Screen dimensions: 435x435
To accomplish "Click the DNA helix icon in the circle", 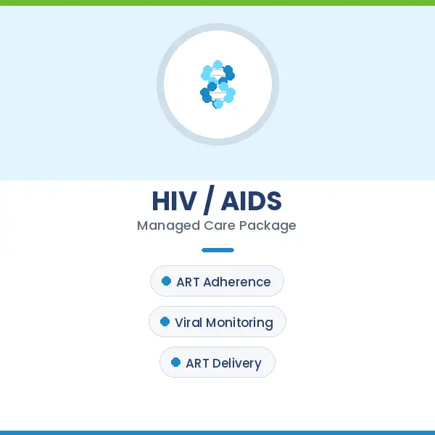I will (217, 84).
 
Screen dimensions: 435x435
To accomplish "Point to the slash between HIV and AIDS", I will (210, 201).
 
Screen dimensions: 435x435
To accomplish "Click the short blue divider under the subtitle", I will (217, 250).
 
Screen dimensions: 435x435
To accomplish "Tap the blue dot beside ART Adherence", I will (166, 281).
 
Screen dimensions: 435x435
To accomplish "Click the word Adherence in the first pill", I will (237, 282).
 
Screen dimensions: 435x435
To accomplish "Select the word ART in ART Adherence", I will (188, 282).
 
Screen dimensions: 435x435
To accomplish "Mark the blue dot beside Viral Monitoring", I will (165, 322).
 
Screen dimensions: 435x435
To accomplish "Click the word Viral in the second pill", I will (188, 323).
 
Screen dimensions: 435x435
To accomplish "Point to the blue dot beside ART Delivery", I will (175, 362).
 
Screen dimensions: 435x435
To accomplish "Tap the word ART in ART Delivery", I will (197, 363).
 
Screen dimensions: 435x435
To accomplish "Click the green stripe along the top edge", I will (217, 3).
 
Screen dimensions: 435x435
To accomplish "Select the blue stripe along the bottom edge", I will (217, 432).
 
